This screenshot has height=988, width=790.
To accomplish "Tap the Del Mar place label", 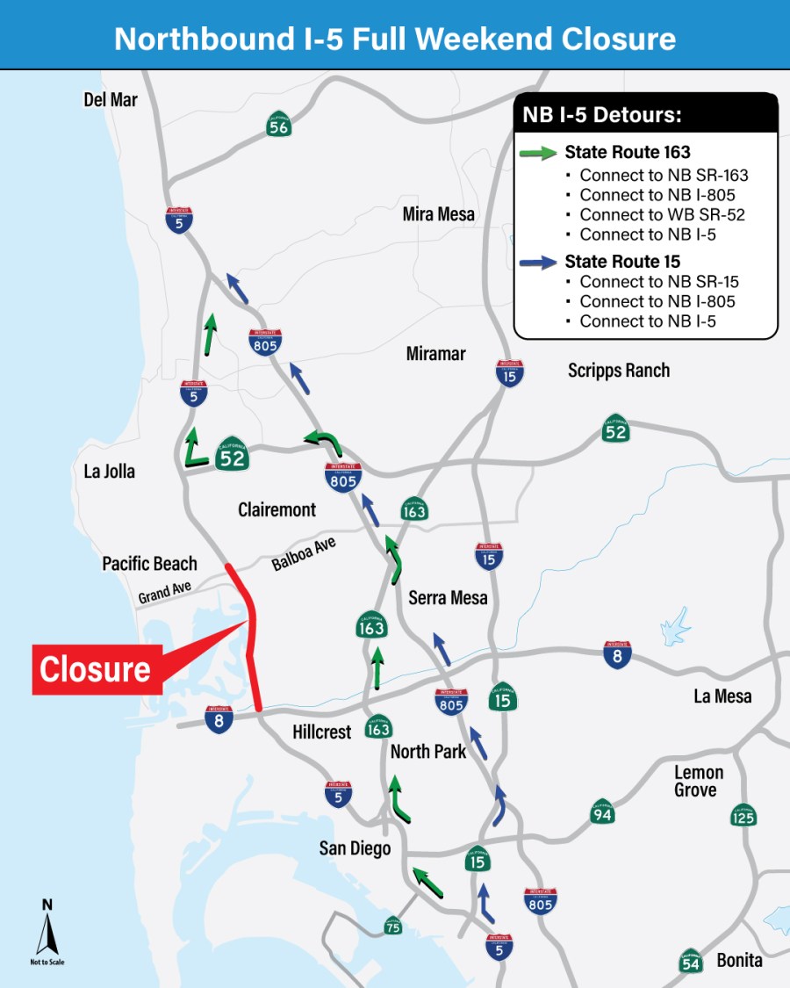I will (x=111, y=100).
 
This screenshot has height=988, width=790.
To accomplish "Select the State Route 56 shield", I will (x=279, y=126).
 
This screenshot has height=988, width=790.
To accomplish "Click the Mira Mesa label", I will (x=438, y=213).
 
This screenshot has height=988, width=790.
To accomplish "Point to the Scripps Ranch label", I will (x=618, y=370).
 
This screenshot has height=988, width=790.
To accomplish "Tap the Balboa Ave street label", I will (x=304, y=554).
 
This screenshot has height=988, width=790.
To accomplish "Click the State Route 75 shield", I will (x=393, y=926).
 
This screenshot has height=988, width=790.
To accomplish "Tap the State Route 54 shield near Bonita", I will (x=691, y=961).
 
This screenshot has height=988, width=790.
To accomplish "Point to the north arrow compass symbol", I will (x=47, y=931).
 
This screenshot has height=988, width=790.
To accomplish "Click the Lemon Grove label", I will (x=699, y=781).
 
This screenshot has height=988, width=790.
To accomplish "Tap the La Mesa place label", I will (x=722, y=696).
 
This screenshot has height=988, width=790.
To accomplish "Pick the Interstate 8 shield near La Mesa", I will (x=617, y=655).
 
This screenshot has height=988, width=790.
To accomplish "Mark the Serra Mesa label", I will (x=448, y=597).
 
